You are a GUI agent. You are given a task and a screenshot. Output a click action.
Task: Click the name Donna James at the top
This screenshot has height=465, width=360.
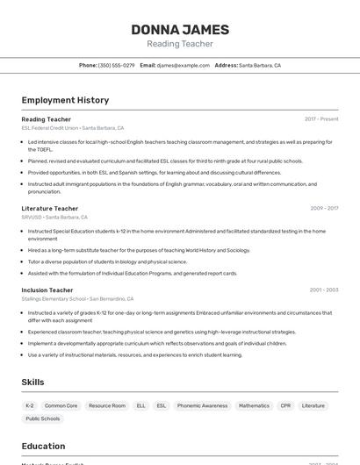click(180, 30)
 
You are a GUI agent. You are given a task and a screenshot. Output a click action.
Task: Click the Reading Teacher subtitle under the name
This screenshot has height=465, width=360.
click(180, 44)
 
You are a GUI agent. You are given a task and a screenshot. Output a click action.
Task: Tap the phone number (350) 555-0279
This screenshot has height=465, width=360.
click(116, 65)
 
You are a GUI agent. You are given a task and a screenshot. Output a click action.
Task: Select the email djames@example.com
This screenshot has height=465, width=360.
click(183, 65)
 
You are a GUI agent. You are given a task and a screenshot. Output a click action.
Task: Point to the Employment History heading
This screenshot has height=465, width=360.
click(65, 100)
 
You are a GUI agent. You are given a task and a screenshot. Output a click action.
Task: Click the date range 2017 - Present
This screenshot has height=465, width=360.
click(321, 118)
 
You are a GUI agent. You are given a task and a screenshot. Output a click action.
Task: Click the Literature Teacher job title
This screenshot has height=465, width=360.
click(50, 209)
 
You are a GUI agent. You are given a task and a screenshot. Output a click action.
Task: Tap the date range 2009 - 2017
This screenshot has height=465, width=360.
click(324, 209)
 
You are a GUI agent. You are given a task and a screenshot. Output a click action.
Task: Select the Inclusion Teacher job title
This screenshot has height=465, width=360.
click(47, 290)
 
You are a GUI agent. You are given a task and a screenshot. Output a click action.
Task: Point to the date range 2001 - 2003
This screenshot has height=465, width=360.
click(324, 290)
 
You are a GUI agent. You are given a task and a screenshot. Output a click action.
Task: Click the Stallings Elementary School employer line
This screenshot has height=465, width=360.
click(54, 298)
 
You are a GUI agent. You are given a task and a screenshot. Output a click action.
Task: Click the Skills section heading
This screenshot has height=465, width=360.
click(33, 383)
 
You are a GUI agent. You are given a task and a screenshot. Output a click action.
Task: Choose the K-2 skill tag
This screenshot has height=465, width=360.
click(30, 405)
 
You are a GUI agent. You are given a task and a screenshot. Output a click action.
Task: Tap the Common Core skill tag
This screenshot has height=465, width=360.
click(61, 405)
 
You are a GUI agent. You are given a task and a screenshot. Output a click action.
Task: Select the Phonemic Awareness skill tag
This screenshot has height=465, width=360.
click(202, 405)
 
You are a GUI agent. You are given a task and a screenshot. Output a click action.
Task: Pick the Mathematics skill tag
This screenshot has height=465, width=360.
click(254, 405)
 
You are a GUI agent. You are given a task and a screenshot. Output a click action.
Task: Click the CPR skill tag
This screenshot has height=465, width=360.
click(285, 405)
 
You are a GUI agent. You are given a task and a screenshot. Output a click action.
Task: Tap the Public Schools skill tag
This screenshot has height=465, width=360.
click(42, 418)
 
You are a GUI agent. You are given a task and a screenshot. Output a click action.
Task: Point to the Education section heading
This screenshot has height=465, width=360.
click(44, 446)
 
